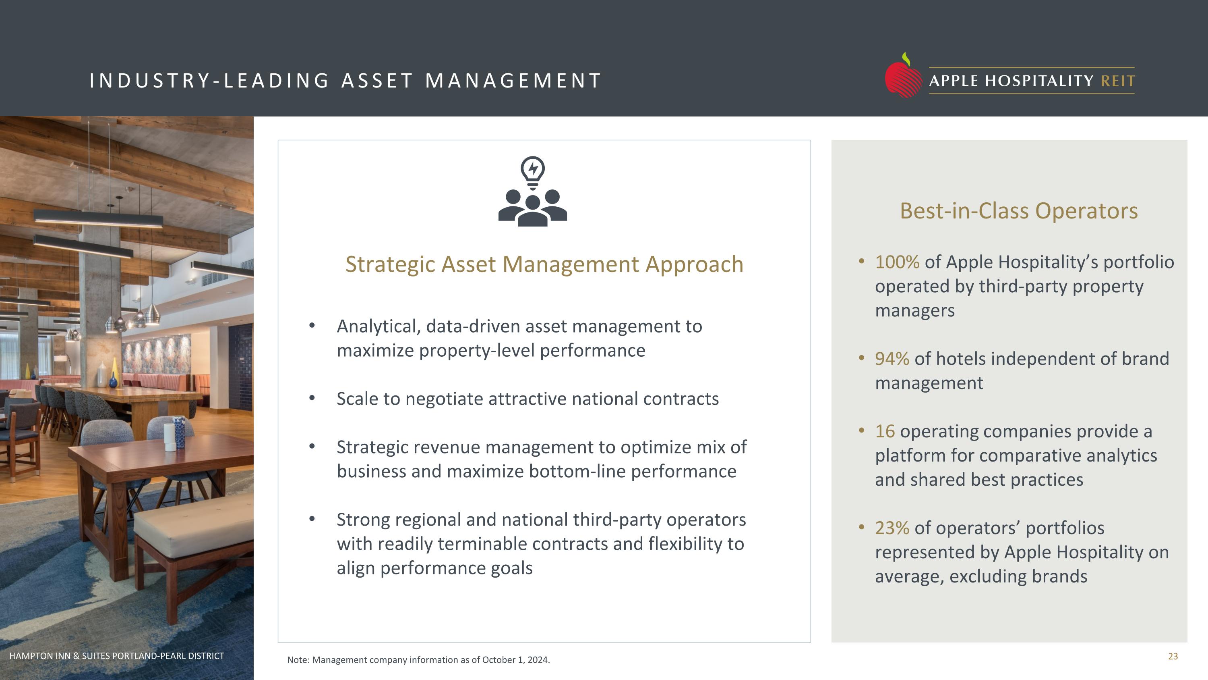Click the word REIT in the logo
(1117, 81)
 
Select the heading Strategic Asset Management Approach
(544, 264)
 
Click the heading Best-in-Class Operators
(1018, 211)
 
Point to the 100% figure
(897, 262)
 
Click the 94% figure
(892, 358)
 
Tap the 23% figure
(892, 528)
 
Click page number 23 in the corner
(1172, 656)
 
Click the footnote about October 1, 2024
(418, 660)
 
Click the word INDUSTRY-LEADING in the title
(209, 81)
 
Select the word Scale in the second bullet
(357, 399)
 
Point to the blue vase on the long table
(113, 379)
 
